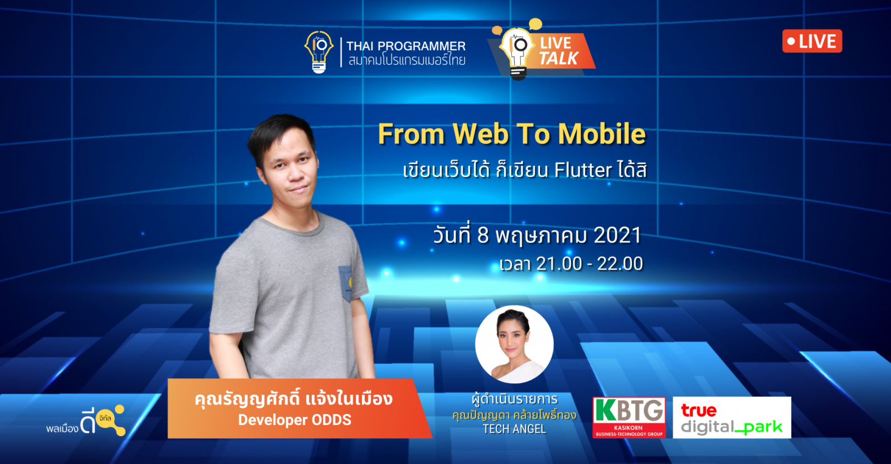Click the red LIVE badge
[812, 41]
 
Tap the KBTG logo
[629, 417]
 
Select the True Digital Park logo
[732, 417]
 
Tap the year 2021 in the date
[618, 235]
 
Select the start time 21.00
[558, 264]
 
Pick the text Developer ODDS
[295, 420]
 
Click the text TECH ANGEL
[515, 429]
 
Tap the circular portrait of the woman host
[515, 344]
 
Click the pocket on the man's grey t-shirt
[345, 283]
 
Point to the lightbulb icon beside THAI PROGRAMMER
[319, 52]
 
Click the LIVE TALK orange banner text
[559, 51]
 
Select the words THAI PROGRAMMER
[406, 46]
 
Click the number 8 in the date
[482, 235]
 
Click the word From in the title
[411, 134]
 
